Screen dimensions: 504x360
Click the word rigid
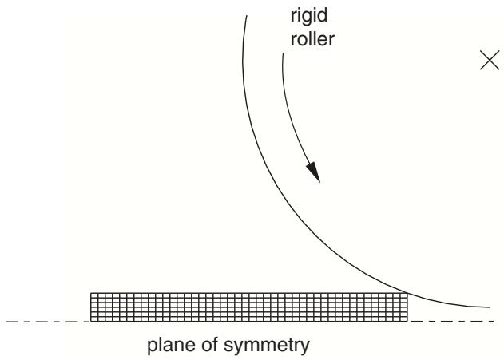[x=309, y=17]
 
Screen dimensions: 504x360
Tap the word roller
[x=312, y=39]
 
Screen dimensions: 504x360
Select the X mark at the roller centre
[x=490, y=60]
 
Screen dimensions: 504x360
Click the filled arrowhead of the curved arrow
[x=314, y=172]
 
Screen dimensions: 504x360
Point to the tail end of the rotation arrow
[x=283, y=53]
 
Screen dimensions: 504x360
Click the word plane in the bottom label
[x=172, y=346]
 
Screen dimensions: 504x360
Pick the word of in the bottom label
[x=210, y=345]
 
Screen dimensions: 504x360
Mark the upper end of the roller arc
[x=247, y=15]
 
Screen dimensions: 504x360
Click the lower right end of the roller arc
[x=489, y=307]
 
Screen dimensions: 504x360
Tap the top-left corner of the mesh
[x=90, y=293]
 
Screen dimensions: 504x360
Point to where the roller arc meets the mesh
[x=407, y=293]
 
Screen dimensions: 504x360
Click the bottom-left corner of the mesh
[x=90, y=321]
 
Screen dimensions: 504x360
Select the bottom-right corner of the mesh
[x=407, y=321]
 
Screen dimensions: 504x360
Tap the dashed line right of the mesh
[x=451, y=321]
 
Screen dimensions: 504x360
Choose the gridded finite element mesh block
[x=249, y=307]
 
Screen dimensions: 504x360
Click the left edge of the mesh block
[x=90, y=307]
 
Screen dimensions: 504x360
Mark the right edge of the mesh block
[x=407, y=307]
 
